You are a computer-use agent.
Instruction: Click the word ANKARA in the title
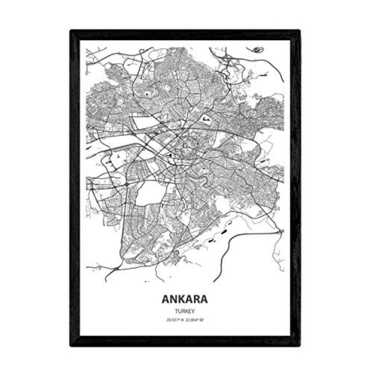(185, 300)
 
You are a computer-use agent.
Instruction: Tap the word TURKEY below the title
(185, 310)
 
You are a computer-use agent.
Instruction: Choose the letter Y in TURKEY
(194, 310)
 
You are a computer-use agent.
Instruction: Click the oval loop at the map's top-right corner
(257, 50)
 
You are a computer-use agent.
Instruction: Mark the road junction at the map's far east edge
(280, 232)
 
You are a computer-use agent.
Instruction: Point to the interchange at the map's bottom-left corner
(116, 268)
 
